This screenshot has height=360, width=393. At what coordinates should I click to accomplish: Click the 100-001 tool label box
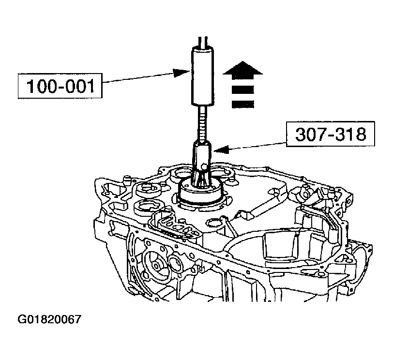coord(59,88)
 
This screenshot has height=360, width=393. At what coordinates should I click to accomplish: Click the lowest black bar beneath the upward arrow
coord(242,104)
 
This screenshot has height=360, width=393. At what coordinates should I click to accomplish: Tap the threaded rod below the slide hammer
coord(202,123)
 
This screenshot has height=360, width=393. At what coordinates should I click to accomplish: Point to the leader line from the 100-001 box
coord(140,79)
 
